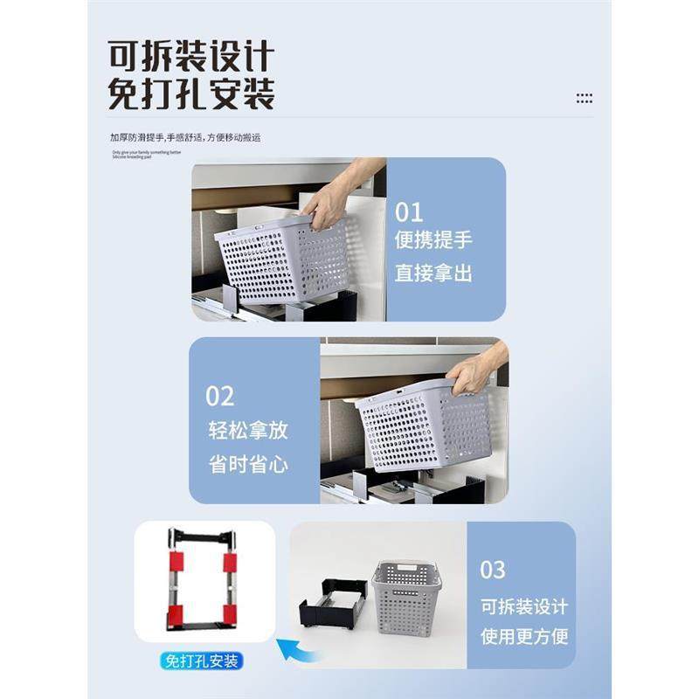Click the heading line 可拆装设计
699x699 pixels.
[190, 57]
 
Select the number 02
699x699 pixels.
[220, 396]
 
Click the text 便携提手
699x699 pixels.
[433, 240]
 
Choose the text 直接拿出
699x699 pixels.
[433, 273]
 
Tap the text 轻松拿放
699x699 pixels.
[248, 430]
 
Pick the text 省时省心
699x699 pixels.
[248, 464]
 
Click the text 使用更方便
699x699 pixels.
[524, 635]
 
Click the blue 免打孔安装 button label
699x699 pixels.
[204, 661]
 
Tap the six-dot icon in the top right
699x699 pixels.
[585, 99]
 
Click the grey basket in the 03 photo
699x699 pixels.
[405, 596]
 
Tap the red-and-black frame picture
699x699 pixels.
[204, 578]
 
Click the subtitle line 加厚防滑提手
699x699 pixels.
[185, 137]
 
